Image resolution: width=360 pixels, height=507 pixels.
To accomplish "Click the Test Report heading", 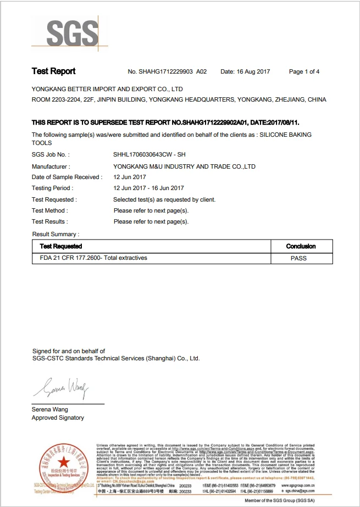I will pyautogui.click(x=53, y=71).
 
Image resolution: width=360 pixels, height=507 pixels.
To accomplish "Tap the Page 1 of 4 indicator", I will pyautogui.click(x=304, y=72).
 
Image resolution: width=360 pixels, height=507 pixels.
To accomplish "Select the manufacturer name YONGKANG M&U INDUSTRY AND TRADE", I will pyautogui.click(x=184, y=166).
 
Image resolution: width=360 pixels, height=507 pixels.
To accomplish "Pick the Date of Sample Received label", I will pyautogui.click(x=67, y=177).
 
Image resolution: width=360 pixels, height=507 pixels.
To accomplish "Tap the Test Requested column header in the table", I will pyautogui.click(x=61, y=246).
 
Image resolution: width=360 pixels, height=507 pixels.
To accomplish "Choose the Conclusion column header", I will pyautogui.click(x=301, y=246).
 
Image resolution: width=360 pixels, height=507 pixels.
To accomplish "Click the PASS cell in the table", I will pyautogui.click(x=298, y=258).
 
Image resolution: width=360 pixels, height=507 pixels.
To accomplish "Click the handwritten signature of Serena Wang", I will pyautogui.click(x=60, y=388).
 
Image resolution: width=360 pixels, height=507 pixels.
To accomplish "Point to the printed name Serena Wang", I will pyautogui.click(x=50, y=409).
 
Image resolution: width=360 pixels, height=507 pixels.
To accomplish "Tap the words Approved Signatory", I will pyautogui.click(x=58, y=418).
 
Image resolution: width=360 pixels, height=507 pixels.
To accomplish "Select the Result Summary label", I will pyautogui.click(x=55, y=235).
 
